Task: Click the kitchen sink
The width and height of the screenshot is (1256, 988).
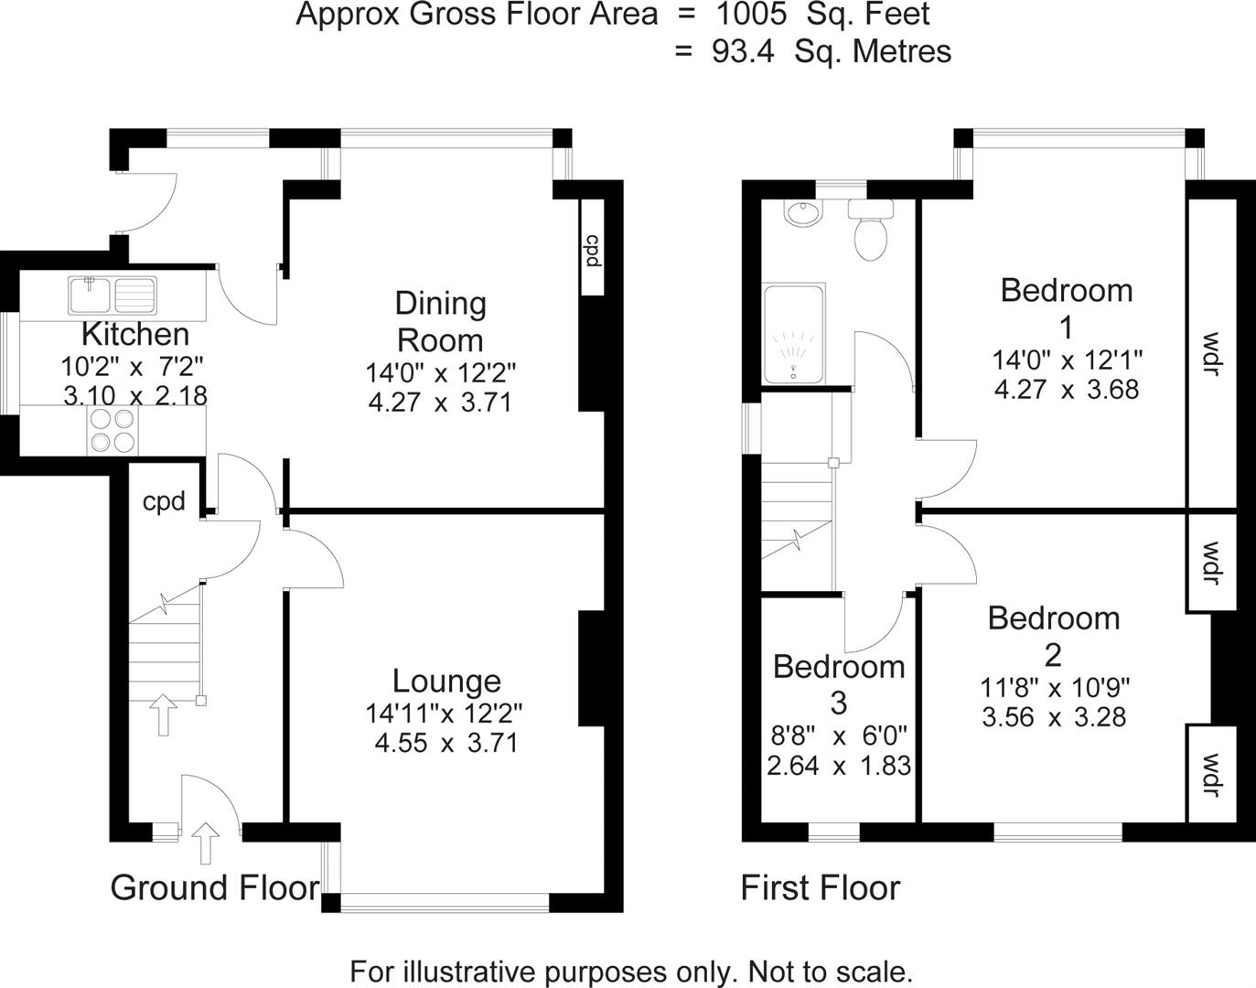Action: point(113,295)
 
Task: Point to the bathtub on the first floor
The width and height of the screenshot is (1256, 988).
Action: point(794,334)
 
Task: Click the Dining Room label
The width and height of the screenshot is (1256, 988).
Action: point(440,321)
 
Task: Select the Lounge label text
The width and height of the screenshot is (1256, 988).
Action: point(446,681)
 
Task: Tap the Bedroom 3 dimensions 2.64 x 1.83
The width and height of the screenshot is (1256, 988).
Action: point(839,765)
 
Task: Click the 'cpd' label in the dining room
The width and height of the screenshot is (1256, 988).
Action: point(592,251)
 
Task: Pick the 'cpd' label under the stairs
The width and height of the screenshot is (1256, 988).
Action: point(164,501)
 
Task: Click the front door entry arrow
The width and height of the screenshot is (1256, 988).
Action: point(206,843)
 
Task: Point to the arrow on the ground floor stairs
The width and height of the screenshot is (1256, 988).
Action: point(164,714)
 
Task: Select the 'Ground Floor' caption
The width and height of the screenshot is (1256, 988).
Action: point(215,887)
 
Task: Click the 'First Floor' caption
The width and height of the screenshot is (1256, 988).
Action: point(820,887)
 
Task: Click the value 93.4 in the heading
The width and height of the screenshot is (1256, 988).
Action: point(742,51)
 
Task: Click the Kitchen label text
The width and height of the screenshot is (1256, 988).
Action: point(135,334)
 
